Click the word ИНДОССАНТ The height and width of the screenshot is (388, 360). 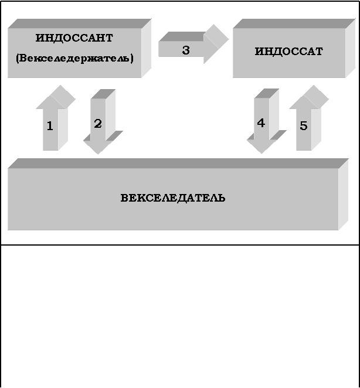point(74,38)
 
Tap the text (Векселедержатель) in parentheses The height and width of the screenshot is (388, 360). point(74,59)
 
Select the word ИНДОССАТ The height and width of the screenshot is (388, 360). point(288,52)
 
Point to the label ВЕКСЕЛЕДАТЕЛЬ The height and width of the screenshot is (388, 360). point(173,198)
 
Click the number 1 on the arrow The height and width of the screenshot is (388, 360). point(50,125)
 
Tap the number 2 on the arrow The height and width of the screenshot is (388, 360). point(98,124)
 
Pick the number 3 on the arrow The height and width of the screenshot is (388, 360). point(185,50)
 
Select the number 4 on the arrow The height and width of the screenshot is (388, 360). point(261,123)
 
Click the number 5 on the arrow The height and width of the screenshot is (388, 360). point(303,125)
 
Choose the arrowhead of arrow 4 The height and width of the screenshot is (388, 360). point(263,144)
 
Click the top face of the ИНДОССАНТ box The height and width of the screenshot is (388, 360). point(79,23)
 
